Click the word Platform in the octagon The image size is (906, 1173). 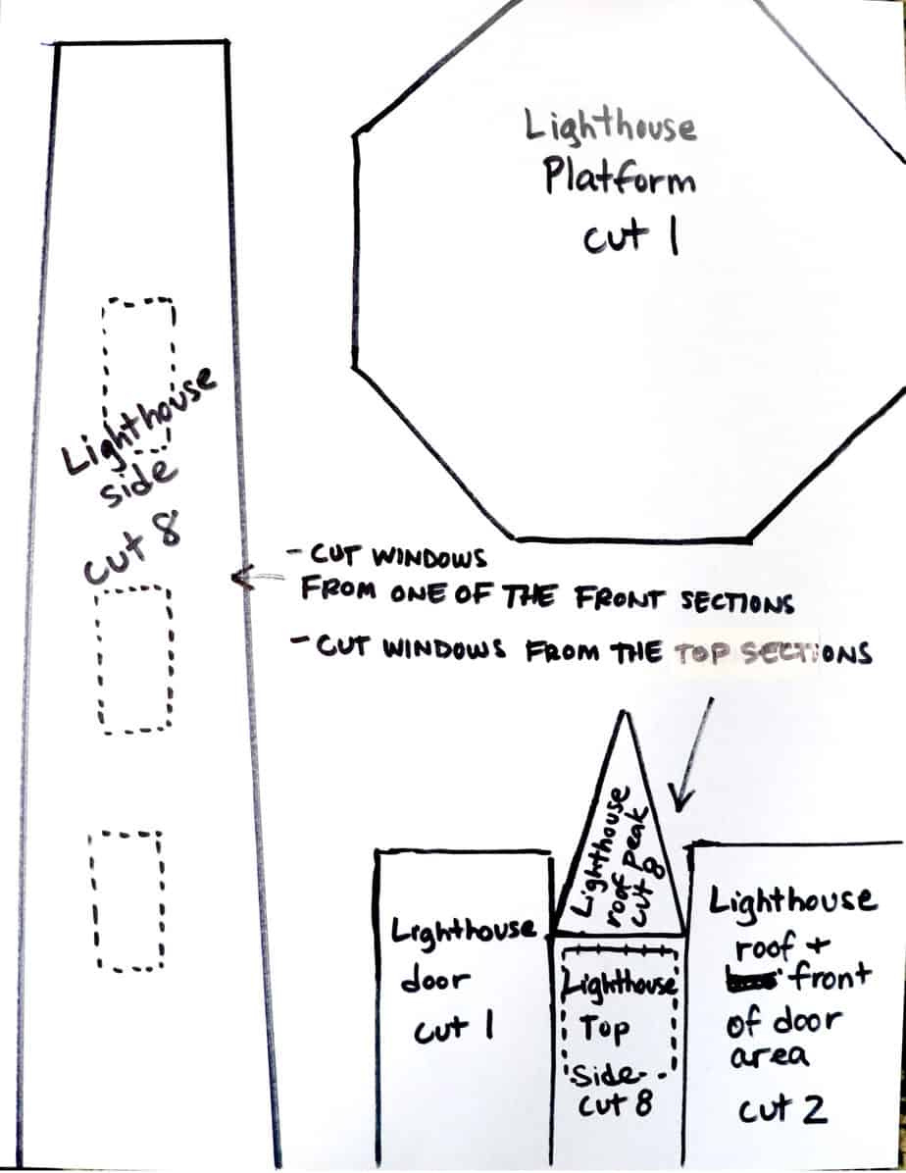tap(620, 179)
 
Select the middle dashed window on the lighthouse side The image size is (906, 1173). tap(135, 659)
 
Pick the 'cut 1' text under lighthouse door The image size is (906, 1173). tap(453, 1031)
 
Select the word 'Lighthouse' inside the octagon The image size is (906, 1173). tap(611, 126)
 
